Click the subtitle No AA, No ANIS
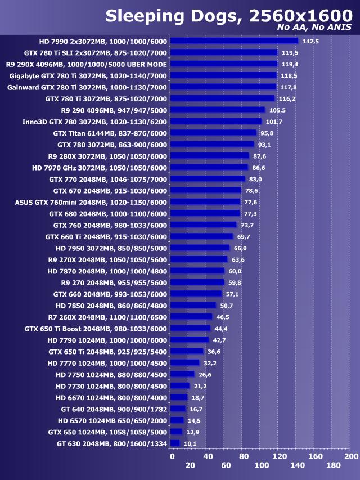314,28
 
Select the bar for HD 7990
234,41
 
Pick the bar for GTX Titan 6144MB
213,133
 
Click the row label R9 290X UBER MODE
87,64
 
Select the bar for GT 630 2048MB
175,443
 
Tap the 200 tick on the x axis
351,456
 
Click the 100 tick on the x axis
262,465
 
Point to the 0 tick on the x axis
172,456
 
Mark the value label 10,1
190,443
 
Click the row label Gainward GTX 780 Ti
87,87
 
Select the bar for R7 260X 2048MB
191,317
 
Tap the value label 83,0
255,179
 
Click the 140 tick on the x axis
298,465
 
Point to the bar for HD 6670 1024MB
179,397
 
